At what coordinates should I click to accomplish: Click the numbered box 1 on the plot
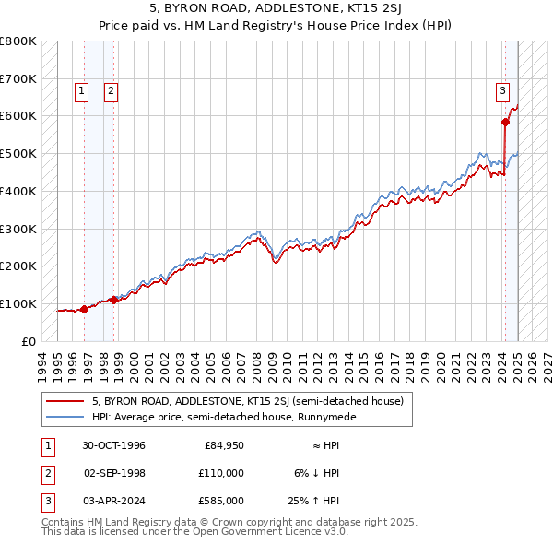82,90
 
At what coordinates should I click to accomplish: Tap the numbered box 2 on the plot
111,90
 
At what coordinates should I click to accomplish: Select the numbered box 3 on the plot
502,90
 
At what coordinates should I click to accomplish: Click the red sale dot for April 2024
506,122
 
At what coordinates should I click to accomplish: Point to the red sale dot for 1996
84,309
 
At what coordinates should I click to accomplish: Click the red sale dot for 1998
113,300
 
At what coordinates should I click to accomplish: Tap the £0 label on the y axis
29,341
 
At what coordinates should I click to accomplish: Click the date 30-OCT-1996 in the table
114,445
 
